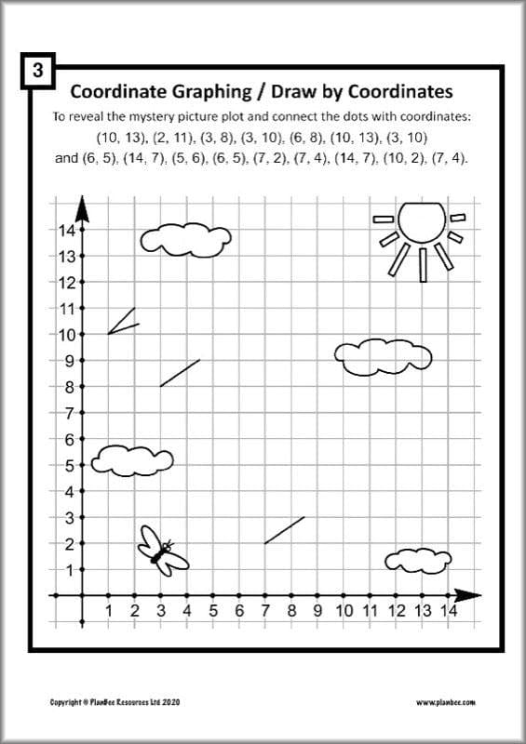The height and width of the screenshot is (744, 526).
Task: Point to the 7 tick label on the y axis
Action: point(67,412)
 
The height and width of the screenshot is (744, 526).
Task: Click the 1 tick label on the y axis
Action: point(67,569)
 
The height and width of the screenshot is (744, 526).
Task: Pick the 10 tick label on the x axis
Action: point(344,611)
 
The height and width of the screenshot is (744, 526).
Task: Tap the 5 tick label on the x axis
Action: point(213,611)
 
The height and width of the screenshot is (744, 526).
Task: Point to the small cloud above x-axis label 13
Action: point(418,560)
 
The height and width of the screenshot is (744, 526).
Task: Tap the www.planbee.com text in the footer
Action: point(446,702)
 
